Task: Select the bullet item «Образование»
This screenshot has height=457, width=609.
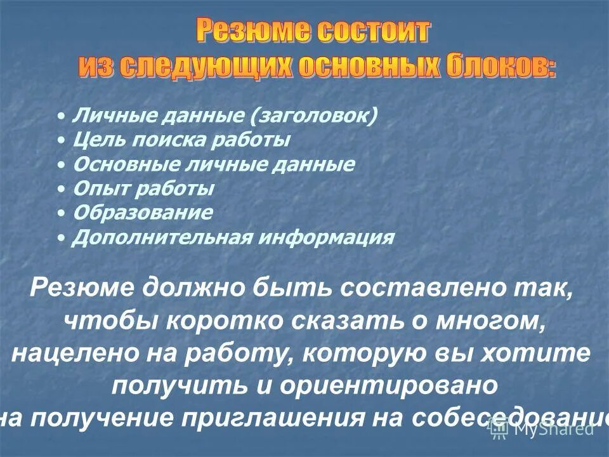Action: click(143, 213)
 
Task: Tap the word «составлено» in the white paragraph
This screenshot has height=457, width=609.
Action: click(431, 289)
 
